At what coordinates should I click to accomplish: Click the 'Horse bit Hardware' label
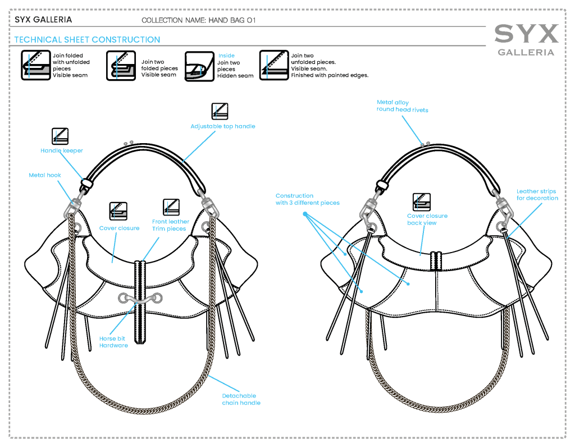pos(113,342)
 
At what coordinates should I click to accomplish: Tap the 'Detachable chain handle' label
pos(241,399)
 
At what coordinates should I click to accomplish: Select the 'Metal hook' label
pos(45,176)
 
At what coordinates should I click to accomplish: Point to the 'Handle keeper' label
pos(62,150)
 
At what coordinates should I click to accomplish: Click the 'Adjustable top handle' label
pos(222,126)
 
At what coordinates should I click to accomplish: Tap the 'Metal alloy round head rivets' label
pos(402,106)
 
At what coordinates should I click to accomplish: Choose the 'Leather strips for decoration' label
pos(537,195)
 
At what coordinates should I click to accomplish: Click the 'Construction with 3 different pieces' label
pos(307,199)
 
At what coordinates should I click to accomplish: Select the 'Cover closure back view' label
pos(427,219)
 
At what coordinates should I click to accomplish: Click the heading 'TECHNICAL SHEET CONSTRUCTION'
pos(87,40)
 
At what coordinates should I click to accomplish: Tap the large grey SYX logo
pos(526,34)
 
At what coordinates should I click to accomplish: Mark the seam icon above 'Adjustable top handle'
pos(220,111)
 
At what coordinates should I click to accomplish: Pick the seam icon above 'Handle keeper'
pos(60,136)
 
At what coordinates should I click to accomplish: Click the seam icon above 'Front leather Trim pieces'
pos(171,207)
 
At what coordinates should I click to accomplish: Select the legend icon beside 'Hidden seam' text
pos(199,66)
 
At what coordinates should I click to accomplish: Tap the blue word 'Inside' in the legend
pos(226,56)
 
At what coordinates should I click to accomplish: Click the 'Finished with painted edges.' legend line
pos(330,75)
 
